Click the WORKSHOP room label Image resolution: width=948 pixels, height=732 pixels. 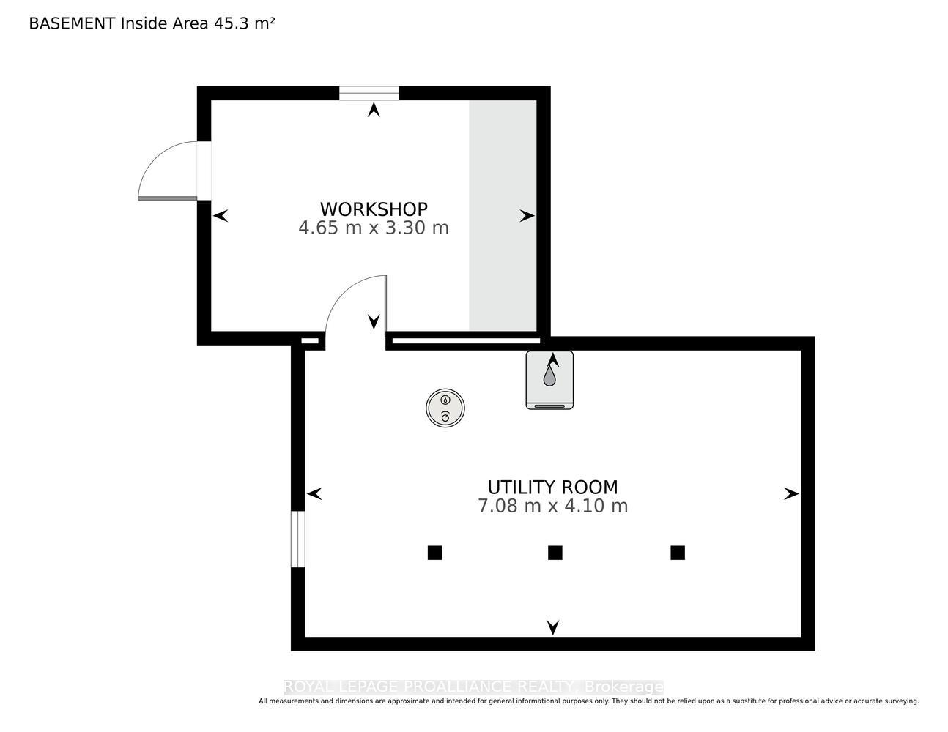pyautogui.click(x=374, y=209)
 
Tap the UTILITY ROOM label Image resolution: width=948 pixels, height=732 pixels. pyautogui.click(x=552, y=487)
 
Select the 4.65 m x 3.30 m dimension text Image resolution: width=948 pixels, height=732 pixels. pyautogui.click(x=374, y=228)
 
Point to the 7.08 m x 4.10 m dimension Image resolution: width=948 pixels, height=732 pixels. pyautogui.click(x=552, y=506)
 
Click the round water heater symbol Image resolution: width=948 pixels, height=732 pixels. pyautogui.click(x=445, y=408)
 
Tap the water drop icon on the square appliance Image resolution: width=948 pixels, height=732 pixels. pyautogui.click(x=549, y=376)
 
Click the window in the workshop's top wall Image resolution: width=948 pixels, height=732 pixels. pyautogui.click(x=369, y=93)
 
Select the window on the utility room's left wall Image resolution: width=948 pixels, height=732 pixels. pyautogui.click(x=298, y=539)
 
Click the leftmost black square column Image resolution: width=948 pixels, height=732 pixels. pyautogui.click(x=434, y=553)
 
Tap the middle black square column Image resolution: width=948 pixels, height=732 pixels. pyautogui.click(x=555, y=553)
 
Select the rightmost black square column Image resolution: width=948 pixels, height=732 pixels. pyautogui.click(x=678, y=553)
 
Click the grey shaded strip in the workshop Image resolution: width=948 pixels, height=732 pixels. pyautogui.click(x=503, y=215)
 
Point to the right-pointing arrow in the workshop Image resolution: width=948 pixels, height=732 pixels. pyautogui.click(x=527, y=216)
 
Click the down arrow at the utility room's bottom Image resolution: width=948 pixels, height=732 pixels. pyautogui.click(x=552, y=627)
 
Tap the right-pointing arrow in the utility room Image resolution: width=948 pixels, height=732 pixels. pyautogui.click(x=791, y=493)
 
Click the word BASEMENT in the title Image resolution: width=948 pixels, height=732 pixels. pyautogui.click(x=72, y=23)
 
